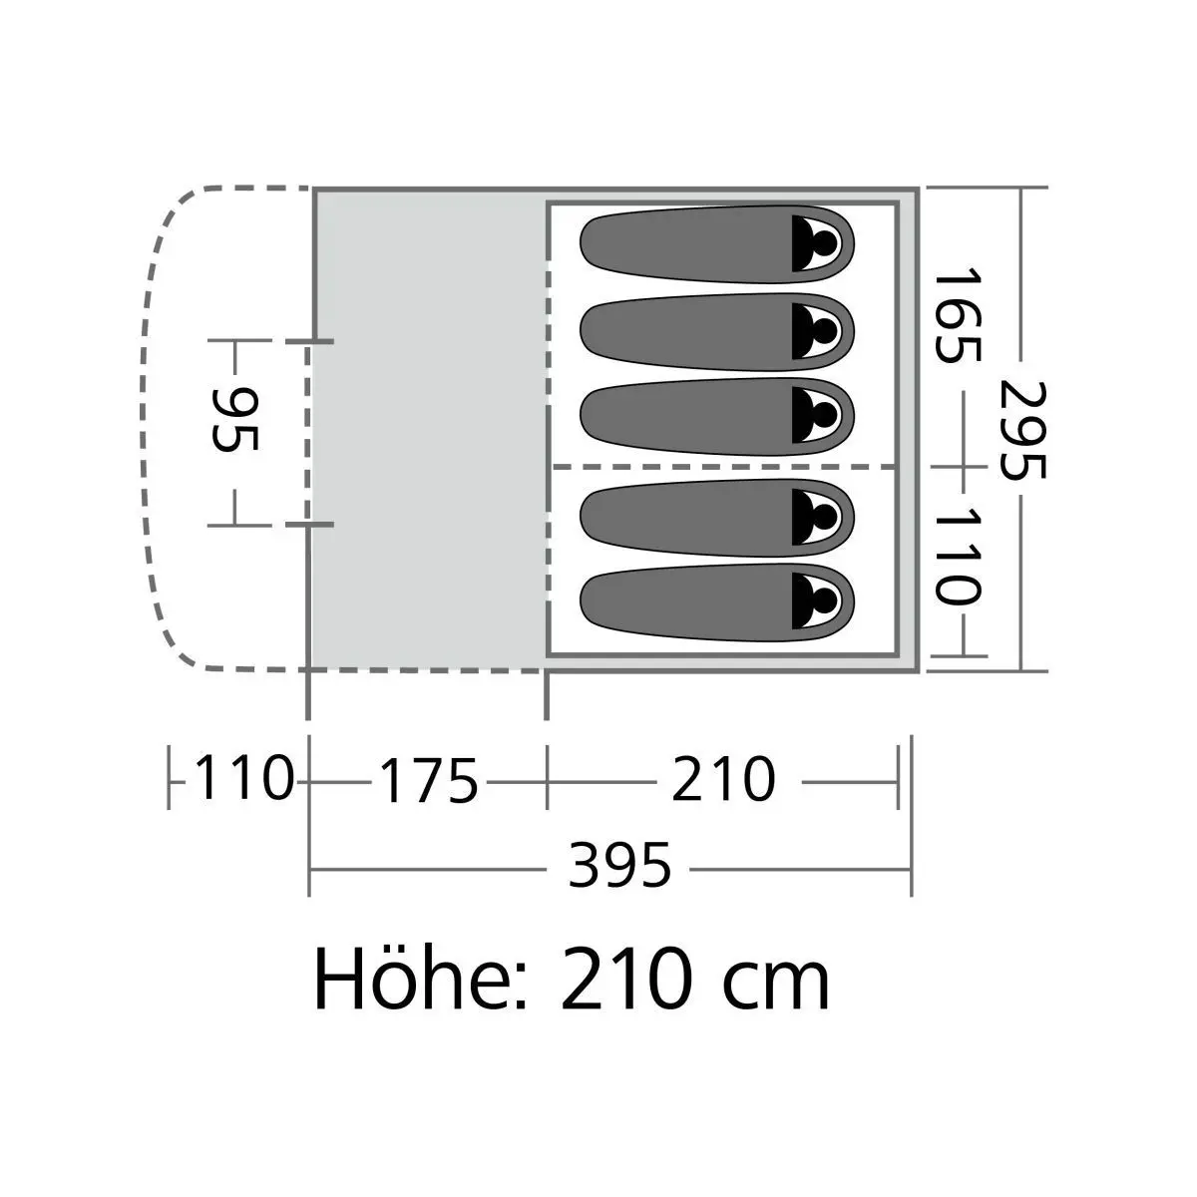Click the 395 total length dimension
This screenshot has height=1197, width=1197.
coord(619,865)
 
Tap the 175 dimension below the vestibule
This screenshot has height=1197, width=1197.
coord(429,780)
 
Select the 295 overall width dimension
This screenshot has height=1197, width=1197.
coord(1023,430)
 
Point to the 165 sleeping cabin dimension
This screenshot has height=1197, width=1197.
coord(958,315)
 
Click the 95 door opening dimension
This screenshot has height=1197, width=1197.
coord(234,420)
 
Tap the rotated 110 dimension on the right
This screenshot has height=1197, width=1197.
coord(958,556)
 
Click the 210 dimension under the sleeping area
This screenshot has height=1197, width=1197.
coord(723,779)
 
